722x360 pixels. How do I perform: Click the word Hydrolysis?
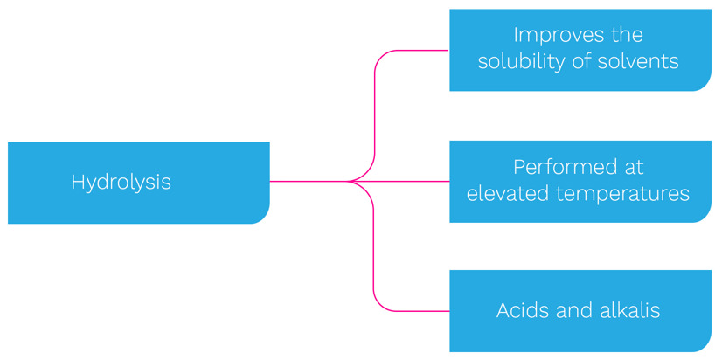[x=121, y=183]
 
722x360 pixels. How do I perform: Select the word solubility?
[x=522, y=61]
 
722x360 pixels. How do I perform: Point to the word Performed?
[x=563, y=167]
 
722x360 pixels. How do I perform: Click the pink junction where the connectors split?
[x=348, y=182]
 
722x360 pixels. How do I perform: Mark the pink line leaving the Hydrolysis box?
[x=309, y=182]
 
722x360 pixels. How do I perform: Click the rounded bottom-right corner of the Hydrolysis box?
[x=264, y=218]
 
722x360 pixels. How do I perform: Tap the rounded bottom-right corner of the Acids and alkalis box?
[x=706, y=347]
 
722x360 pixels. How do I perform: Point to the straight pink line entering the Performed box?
[x=399, y=182]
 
